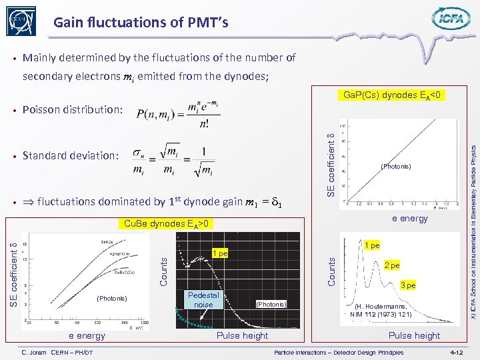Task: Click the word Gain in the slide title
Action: (67, 23)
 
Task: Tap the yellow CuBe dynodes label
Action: (166, 224)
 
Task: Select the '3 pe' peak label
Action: (407, 285)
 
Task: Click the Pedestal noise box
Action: (203, 299)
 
